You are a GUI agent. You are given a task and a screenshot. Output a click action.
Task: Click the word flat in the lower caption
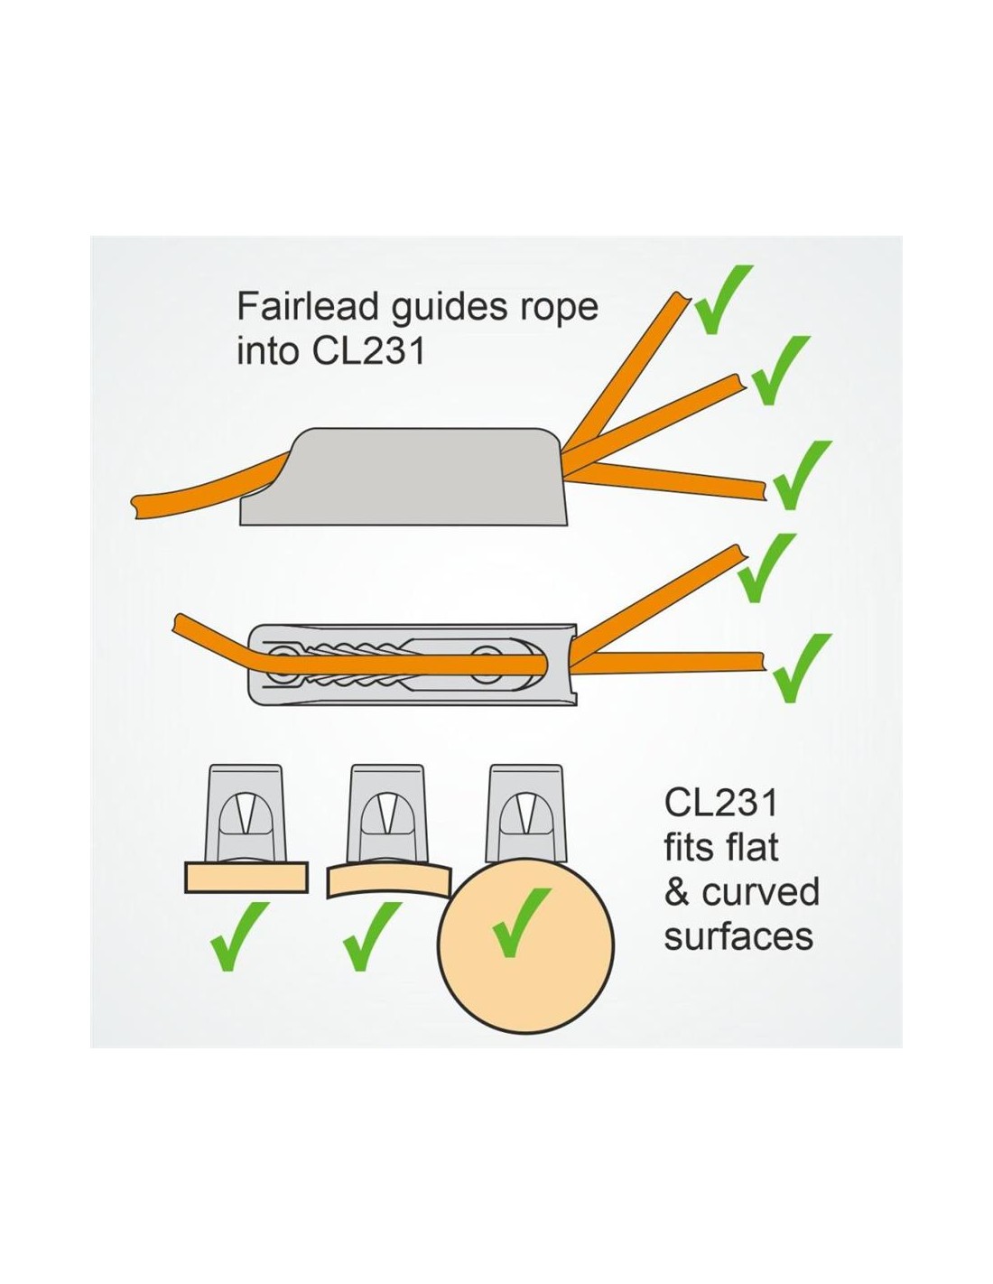(753, 846)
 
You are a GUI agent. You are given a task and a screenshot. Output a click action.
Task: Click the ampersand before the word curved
(678, 891)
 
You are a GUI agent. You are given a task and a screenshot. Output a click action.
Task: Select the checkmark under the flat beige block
(238, 936)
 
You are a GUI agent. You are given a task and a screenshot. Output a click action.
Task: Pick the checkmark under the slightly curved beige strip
(371, 936)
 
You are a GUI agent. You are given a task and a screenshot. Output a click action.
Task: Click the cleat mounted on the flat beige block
(246, 813)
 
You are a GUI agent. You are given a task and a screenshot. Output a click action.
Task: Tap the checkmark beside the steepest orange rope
(724, 298)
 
